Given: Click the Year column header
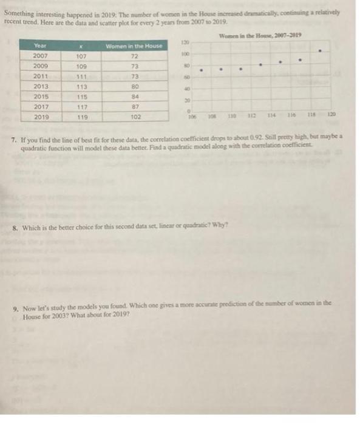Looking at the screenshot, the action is pyautogui.click(x=40, y=46).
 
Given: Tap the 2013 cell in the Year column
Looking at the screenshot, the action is pyautogui.click(x=41, y=86).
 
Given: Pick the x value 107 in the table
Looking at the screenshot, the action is pyautogui.click(x=82, y=56).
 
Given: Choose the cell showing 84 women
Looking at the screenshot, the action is pyautogui.click(x=136, y=97).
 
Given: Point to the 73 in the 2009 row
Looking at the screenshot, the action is pyautogui.click(x=136, y=66).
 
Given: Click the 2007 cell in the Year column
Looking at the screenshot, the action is pyautogui.click(x=41, y=56).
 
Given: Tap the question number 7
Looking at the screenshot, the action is pyautogui.click(x=13, y=130).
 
